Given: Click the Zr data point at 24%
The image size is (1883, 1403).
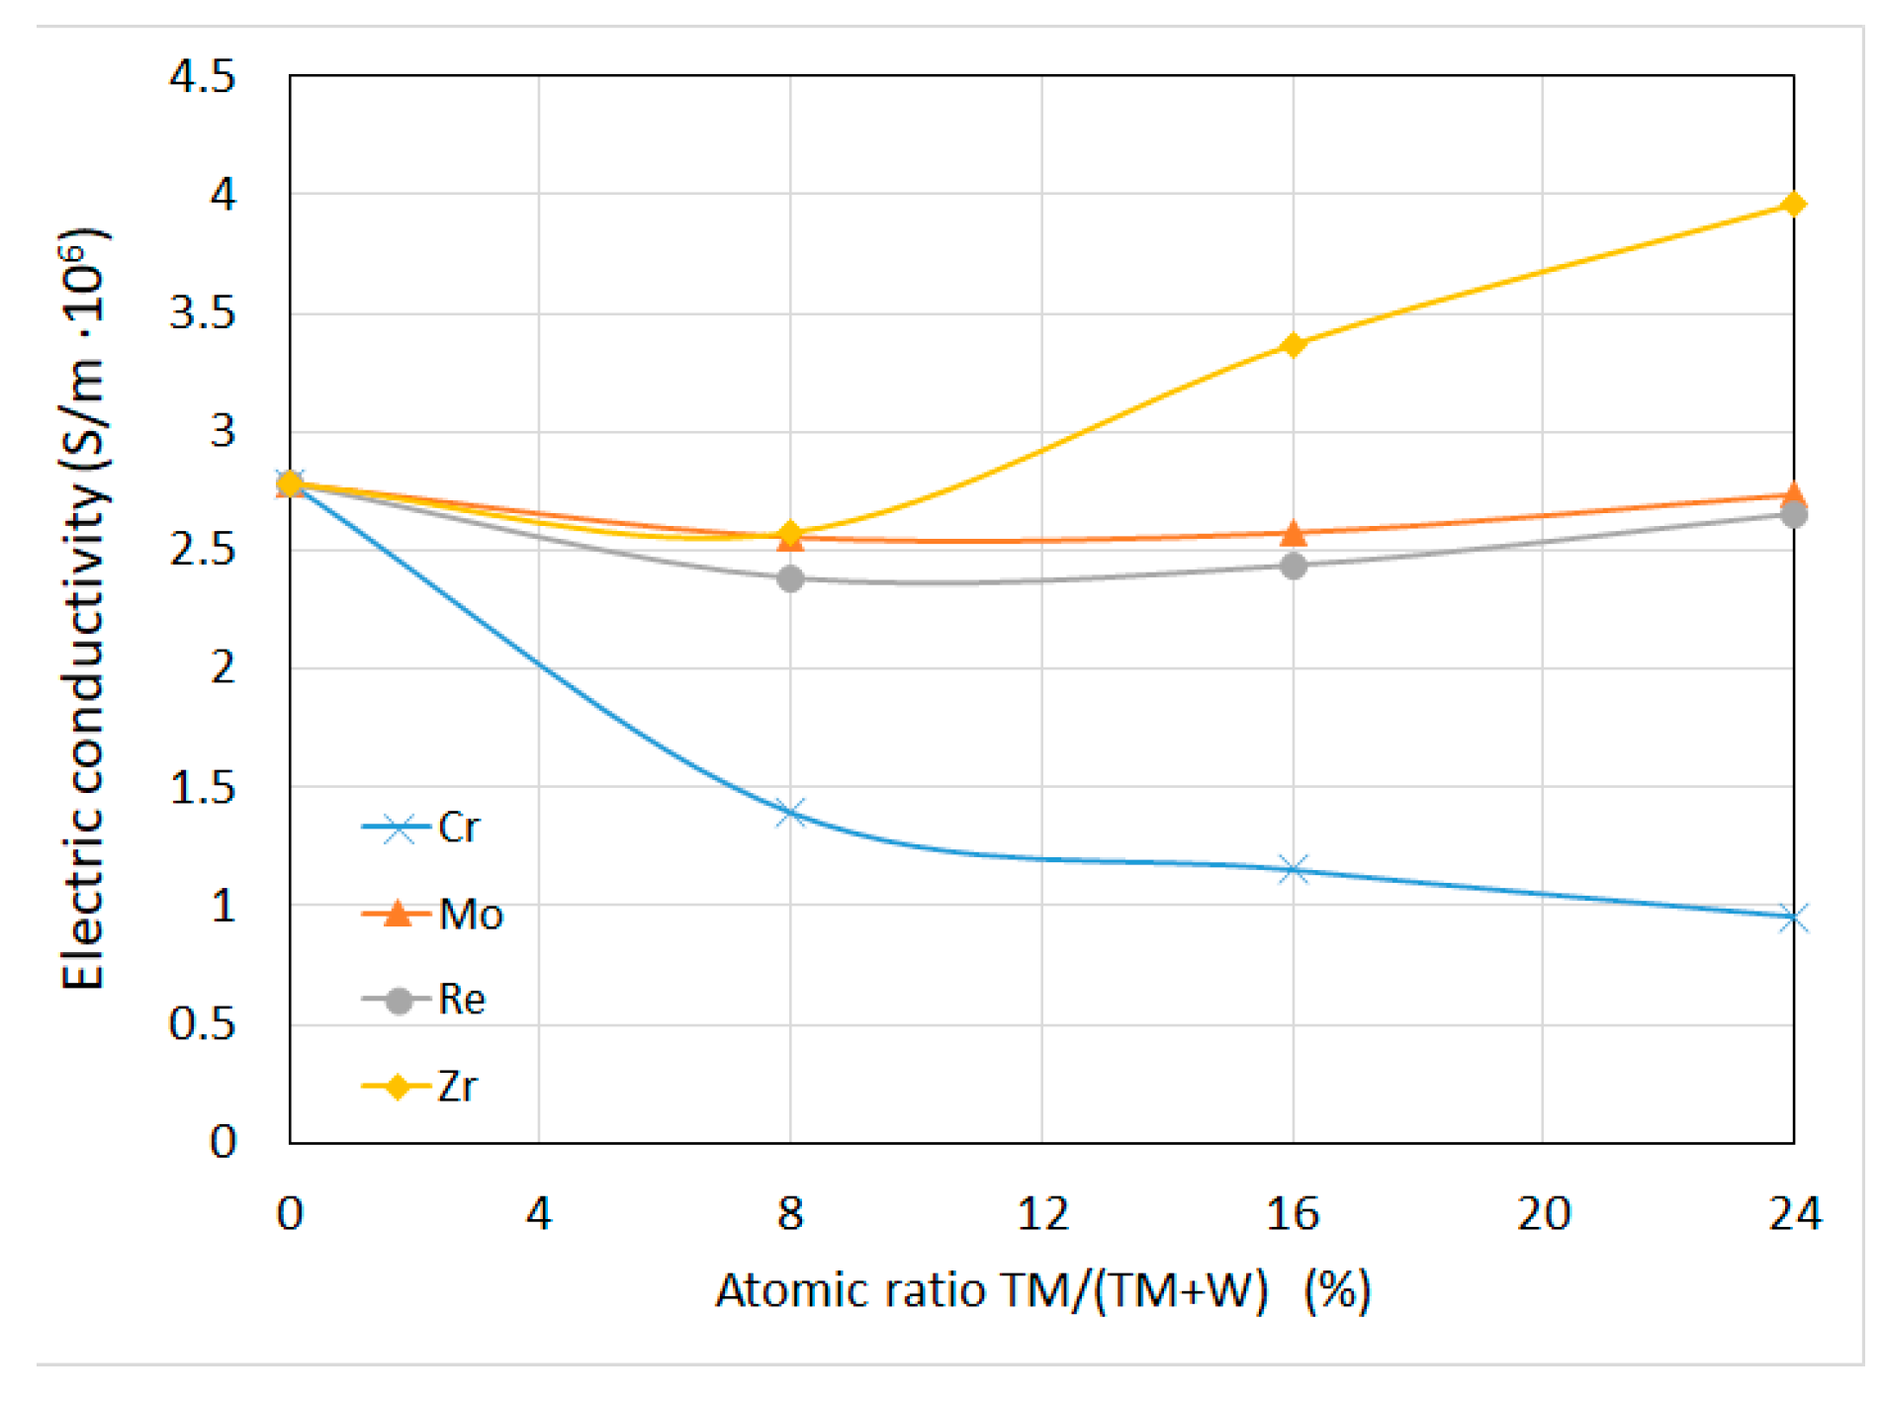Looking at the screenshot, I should (x=1793, y=205).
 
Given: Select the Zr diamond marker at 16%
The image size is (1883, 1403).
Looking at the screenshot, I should (x=1293, y=345).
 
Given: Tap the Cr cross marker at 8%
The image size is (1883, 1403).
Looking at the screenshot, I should (x=790, y=814).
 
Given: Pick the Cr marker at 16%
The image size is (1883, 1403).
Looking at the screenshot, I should (x=1293, y=870).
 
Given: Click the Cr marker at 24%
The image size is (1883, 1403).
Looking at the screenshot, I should (x=1793, y=918).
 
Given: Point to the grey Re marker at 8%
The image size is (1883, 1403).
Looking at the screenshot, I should (x=790, y=578).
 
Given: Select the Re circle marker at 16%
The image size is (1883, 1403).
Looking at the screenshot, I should (x=1293, y=566).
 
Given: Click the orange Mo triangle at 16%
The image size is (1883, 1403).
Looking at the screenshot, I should (x=1293, y=534).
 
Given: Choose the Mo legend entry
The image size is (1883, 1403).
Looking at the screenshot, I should (x=433, y=914).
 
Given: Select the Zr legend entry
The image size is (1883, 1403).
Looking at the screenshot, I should (x=421, y=1087).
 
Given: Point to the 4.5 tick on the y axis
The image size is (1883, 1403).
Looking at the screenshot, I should (x=203, y=76).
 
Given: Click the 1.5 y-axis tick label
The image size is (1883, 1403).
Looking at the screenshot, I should (x=203, y=788).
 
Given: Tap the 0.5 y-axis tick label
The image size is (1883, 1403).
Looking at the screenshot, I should (x=203, y=1024).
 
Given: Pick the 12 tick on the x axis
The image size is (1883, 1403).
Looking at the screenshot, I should (x=1042, y=1213).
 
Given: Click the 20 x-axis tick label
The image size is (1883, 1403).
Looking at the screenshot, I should (x=1543, y=1213).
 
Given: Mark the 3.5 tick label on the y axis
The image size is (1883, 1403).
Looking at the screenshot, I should (x=203, y=313).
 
